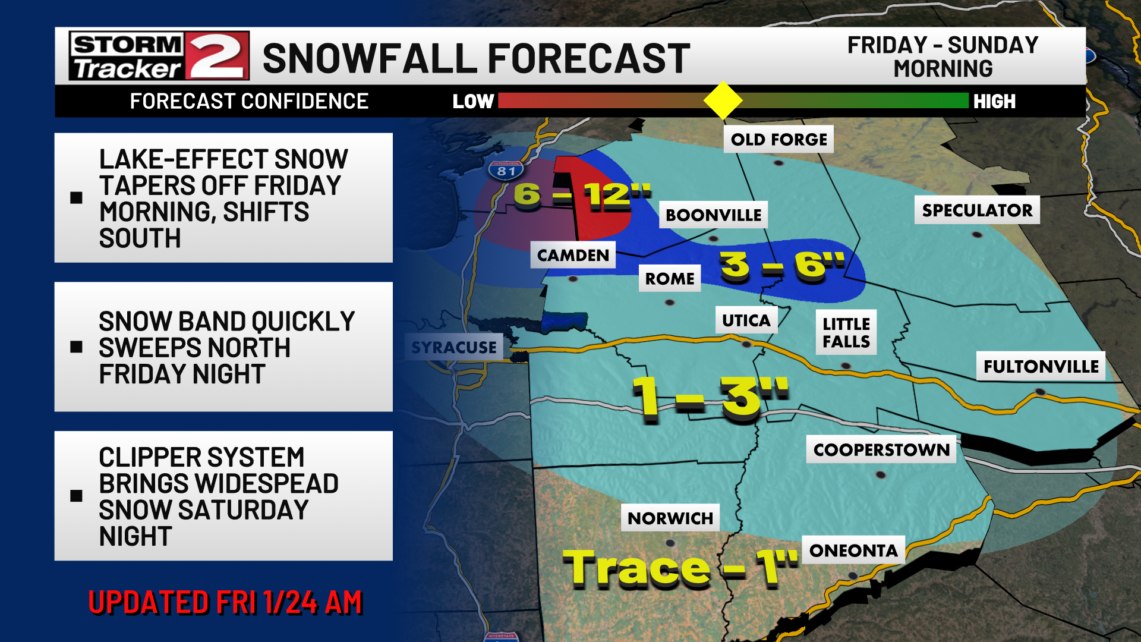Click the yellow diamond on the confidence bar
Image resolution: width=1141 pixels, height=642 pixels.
723,100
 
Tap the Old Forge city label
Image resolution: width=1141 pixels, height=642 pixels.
778,140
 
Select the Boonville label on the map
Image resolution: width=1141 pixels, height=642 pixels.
713,215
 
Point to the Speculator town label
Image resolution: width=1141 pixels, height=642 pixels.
977,210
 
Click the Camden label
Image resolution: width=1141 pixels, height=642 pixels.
573,255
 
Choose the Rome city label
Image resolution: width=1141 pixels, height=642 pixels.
670,278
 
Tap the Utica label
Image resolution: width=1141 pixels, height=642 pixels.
746,320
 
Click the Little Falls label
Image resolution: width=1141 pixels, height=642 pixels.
846,332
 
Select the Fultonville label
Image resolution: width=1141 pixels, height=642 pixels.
1041,366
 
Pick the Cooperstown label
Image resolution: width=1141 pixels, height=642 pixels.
881,449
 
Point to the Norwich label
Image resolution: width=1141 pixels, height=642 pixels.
670,518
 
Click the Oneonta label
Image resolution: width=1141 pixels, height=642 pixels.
853,550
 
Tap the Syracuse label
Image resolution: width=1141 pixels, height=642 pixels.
453,347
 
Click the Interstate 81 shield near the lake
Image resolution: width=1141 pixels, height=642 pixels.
506,171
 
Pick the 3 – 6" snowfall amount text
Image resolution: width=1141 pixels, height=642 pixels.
782,265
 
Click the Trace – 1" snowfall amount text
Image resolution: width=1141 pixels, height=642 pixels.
680,568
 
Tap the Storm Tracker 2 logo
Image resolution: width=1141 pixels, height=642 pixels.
159,56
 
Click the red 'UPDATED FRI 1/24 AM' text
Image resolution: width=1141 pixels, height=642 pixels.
225,602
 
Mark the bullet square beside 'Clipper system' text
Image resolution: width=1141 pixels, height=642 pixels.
76,496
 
